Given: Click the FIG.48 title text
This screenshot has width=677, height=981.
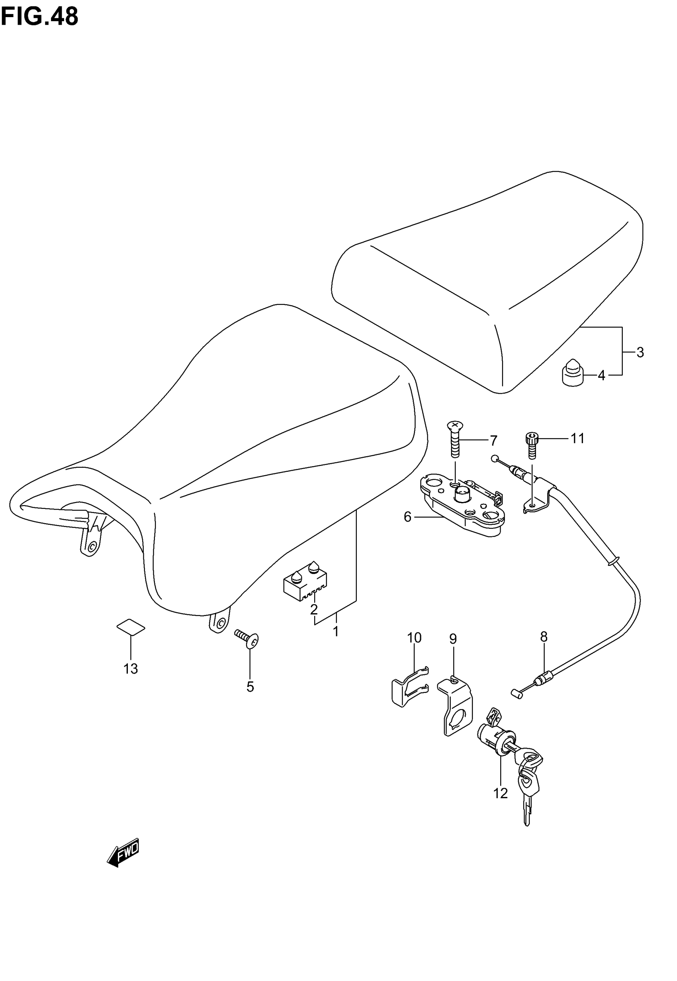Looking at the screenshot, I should [x=40, y=17].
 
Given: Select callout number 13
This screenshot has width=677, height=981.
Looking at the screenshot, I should [x=131, y=669].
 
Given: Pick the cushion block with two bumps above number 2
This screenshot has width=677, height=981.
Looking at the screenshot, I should [x=305, y=581].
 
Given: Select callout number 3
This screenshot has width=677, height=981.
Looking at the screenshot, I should [x=640, y=352].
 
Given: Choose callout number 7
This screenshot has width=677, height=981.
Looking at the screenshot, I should [x=493, y=441].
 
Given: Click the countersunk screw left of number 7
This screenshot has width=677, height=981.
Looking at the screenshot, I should [x=455, y=439].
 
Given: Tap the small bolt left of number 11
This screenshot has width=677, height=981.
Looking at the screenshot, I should [x=532, y=445].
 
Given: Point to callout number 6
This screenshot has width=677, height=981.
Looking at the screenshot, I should [x=408, y=517].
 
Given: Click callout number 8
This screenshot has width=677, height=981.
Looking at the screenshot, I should [x=544, y=637].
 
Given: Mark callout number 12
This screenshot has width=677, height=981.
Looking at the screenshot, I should [x=501, y=793].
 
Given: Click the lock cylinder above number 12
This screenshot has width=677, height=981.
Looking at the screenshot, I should [x=497, y=739].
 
